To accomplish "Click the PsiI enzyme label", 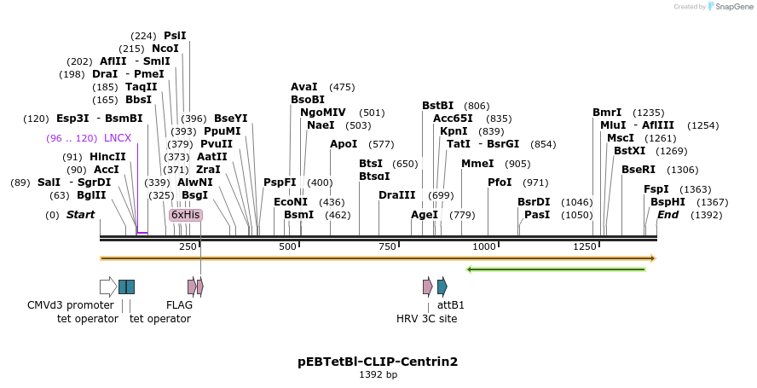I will (x=175, y=36).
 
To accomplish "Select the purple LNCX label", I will (x=118, y=138).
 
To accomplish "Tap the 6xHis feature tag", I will (x=185, y=215).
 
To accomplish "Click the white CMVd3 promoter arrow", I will (x=108, y=287).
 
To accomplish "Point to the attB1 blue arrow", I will (x=442, y=287).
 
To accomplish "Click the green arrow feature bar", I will (x=556, y=269).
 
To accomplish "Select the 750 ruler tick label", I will (x=387, y=246).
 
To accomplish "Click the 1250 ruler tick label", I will (x=585, y=246).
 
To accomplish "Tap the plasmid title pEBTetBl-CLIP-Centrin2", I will (x=378, y=362).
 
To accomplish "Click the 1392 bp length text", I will (x=378, y=374).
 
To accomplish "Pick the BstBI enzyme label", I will (x=438, y=106).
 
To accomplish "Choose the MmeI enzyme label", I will (x=477, y=164).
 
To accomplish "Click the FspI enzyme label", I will (x=656, y=189).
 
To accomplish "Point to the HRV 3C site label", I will (x=426, y=319).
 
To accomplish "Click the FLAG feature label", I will (x=179, y=304).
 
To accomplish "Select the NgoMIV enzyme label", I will (x=323, y=113).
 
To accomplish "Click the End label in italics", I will (x=667, y=215).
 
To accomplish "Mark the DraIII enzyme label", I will (x=396, y=195).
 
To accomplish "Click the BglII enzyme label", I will (x=91, y=195).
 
